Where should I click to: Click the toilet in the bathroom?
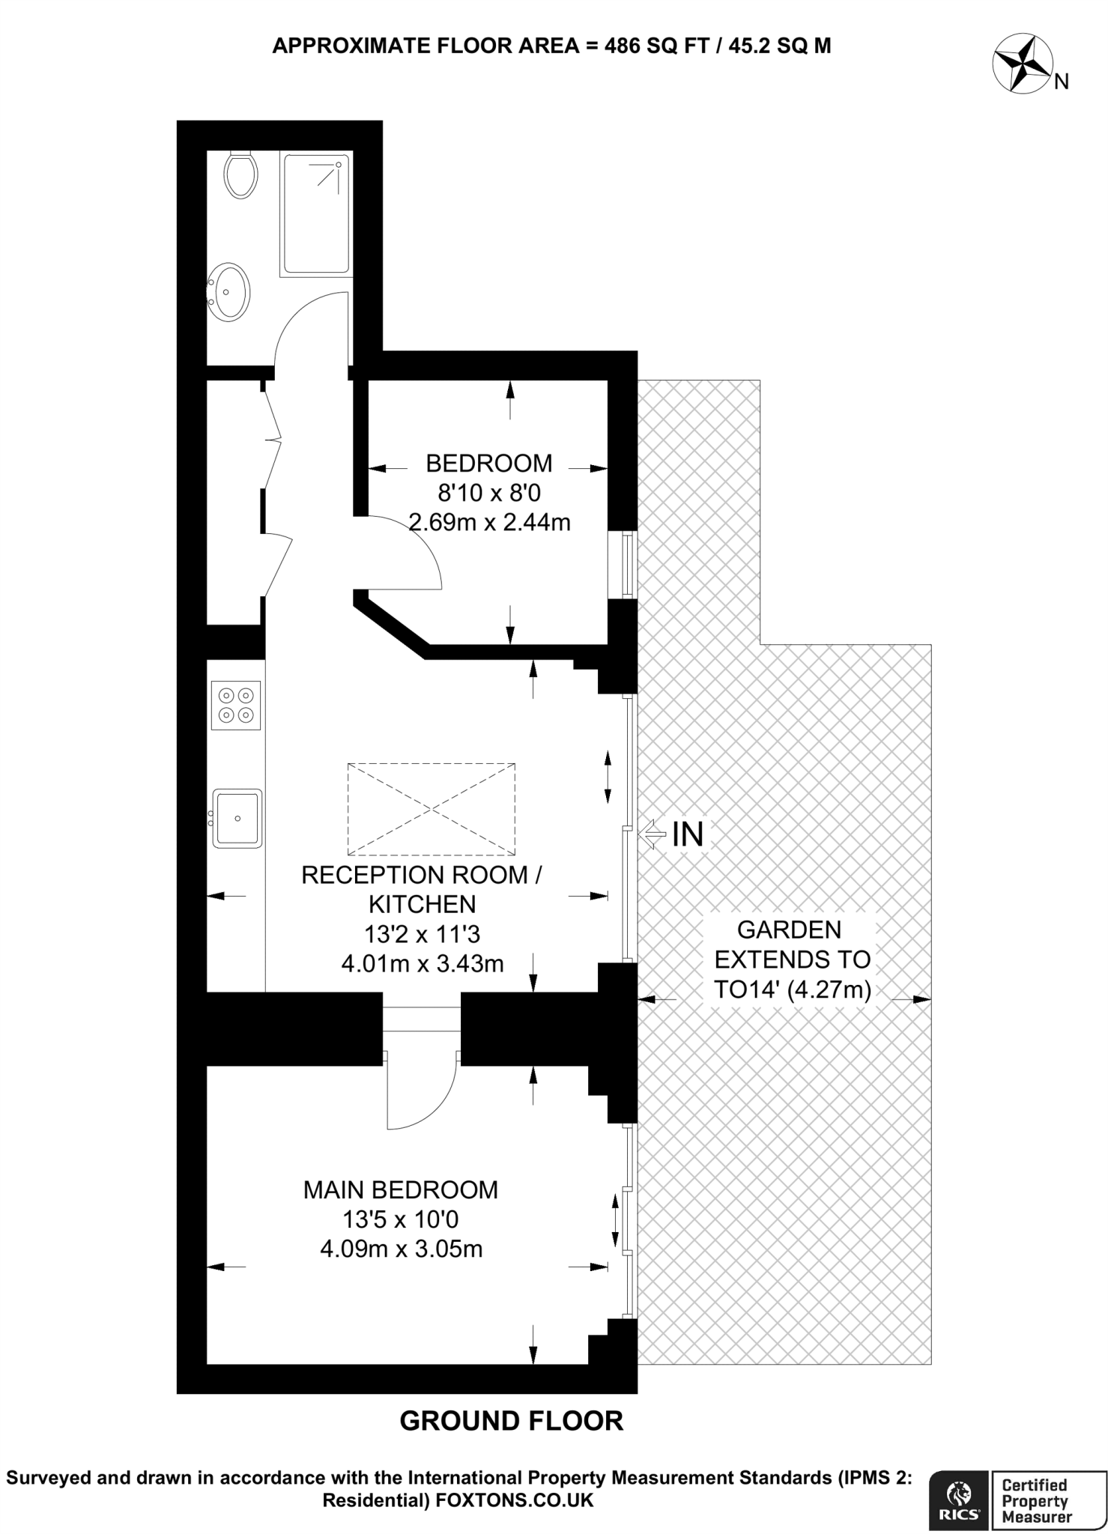(240, 174)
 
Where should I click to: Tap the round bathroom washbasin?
(228, 292)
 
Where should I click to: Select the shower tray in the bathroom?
(315, 213)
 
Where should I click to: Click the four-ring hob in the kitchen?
(236, 706)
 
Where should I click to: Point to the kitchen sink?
(237, 818)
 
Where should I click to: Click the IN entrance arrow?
(652, 834)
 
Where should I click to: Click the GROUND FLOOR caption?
(512, 1421)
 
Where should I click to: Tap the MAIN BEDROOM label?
(401, 1189)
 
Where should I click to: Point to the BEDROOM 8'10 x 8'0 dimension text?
(489, 492)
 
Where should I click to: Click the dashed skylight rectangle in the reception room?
(432, 809)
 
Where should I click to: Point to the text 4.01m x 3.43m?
(423, 963)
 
